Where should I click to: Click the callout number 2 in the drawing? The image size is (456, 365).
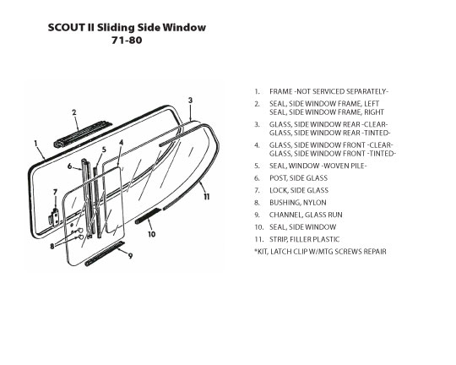pos(74,112)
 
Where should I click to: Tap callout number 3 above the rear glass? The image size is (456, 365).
pos(190,101)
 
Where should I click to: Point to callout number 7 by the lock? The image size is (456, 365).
pos(55,192)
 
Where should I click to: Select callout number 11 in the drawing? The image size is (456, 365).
pos(207,197)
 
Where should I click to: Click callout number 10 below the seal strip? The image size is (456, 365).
pos(151,234)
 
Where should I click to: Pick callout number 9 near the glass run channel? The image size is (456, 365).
pos(130,256)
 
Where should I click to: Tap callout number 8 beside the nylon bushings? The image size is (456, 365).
pos(52,246)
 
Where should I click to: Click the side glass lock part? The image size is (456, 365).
pos(54,216)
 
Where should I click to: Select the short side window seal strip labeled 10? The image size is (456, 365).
pos(148,216)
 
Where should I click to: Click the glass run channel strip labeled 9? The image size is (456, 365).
pos(105,253)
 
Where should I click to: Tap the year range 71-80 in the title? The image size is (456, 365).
pos(127,40)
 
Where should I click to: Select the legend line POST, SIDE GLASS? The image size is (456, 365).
pos(298,178)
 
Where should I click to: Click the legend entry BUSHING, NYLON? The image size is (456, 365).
pos(298,203)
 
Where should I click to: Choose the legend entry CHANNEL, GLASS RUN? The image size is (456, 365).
pos(306,215)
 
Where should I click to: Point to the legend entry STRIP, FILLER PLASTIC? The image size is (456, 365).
pos(305,239)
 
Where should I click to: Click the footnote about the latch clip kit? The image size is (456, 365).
pos(321,252)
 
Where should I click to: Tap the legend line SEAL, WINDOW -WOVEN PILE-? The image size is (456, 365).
pos(318,166)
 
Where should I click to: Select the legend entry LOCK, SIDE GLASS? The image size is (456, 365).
pos(299,190)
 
